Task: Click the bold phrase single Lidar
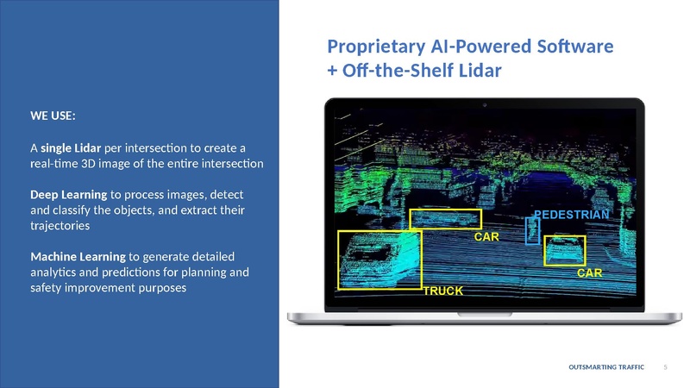pyautogui.click(x=71, y=145)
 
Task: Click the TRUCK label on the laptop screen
pyautogui.click(x=442, y=291)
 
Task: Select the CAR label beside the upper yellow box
pyautogui.click(x=487, y=235)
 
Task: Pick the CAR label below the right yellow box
pyautogui.click(x=589, y=272)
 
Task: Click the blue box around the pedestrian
pyautogui.click(x=532, y=229)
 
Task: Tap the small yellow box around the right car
pyautogui.click(x=565, y=250)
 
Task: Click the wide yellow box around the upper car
pyautogui.click(x=445, y=218)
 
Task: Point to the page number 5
pyautogui.click(x=666, y=368)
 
